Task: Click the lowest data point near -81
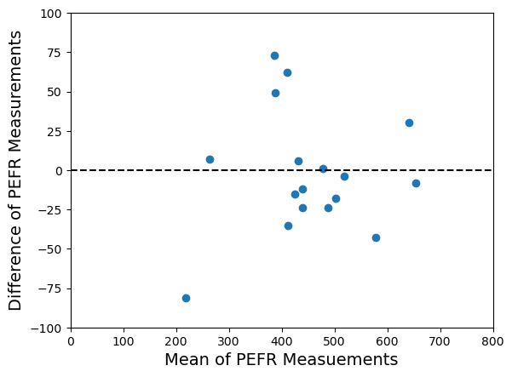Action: point(186,298)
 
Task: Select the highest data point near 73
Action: point(274,55)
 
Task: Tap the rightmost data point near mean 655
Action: point(416,183)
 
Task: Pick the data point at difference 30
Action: point(409,123)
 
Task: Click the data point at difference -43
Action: point(376,237)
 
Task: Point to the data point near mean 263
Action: point(210,159)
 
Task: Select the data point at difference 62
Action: point(287,72)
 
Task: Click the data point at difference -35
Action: point(288,226)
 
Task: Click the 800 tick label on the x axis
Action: point(493,341)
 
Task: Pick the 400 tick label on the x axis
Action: point(282,341)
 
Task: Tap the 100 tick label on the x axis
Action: point(124,341)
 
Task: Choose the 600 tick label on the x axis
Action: point(388,341)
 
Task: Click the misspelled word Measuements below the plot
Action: point(344,360)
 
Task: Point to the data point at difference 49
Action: point(275,93)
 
